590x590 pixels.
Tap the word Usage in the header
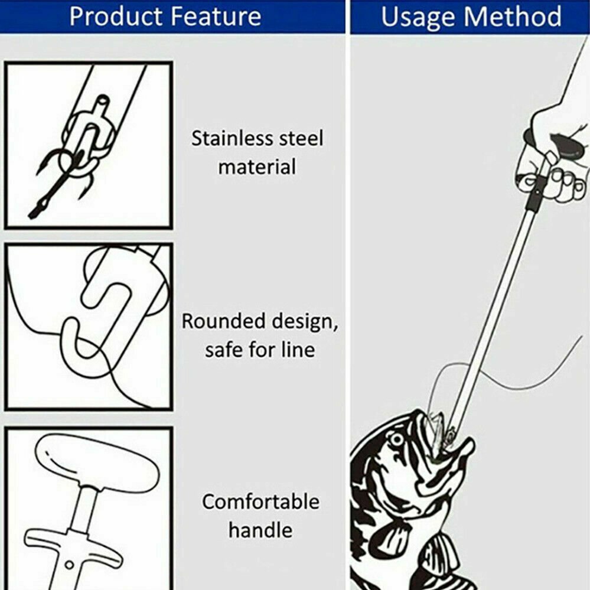(418, 17)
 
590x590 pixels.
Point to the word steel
(301, 138)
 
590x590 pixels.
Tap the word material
(257, 167)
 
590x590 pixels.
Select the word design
(304, 322)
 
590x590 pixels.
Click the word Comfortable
(261, 501)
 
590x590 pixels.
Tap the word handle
(260, 530)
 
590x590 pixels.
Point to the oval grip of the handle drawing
(97, 459)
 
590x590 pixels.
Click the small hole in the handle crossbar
(69, 565)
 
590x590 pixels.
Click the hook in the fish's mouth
(448, 436)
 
